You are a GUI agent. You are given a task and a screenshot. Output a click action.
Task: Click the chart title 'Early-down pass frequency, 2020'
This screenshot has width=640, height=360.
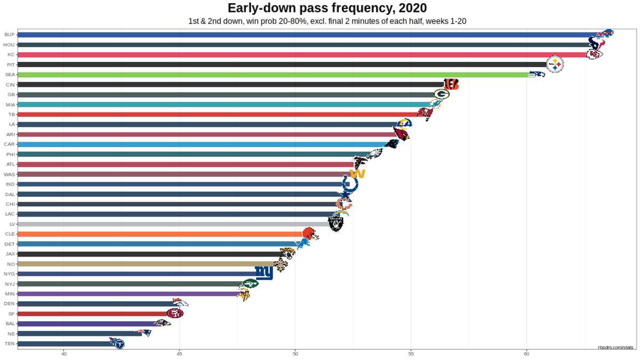(x=327, y=8)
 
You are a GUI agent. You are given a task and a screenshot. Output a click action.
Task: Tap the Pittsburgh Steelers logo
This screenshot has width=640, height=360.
(x=555, y=65)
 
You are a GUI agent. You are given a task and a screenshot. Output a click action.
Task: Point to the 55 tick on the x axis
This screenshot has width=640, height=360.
(x=411, y=354)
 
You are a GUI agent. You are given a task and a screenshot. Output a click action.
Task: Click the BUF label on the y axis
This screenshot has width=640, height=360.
(x=9, y=35)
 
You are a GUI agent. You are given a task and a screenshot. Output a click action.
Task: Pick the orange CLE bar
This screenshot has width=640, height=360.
(x=160, y=234)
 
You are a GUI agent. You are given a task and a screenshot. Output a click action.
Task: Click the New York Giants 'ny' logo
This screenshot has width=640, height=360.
(x=264, y=273)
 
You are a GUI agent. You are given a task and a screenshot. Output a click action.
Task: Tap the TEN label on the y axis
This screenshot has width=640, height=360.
(x=9, y=343)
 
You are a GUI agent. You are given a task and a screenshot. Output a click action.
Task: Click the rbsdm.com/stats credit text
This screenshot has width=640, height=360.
(x=617, y=347)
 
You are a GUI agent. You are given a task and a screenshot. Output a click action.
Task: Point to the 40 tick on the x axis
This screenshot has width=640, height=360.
(x=63, y=354)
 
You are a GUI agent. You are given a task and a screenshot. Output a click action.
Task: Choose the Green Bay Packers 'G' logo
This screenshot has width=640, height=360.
(x=441, y=94)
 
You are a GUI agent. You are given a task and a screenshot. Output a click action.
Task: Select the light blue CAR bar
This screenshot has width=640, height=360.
(x=203, y=145)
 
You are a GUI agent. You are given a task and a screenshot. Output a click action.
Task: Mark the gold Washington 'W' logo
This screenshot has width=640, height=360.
(x=356, y=174)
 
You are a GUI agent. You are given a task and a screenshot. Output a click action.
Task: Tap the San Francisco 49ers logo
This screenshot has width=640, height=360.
(x=174, y=313)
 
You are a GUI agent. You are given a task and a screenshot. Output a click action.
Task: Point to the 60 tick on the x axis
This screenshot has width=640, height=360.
(x=526, y=354)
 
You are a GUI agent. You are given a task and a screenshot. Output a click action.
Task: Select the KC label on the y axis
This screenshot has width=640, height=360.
(x=11, y=54)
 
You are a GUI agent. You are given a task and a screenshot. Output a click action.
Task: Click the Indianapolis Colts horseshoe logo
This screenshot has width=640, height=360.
(x=350, y=185)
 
